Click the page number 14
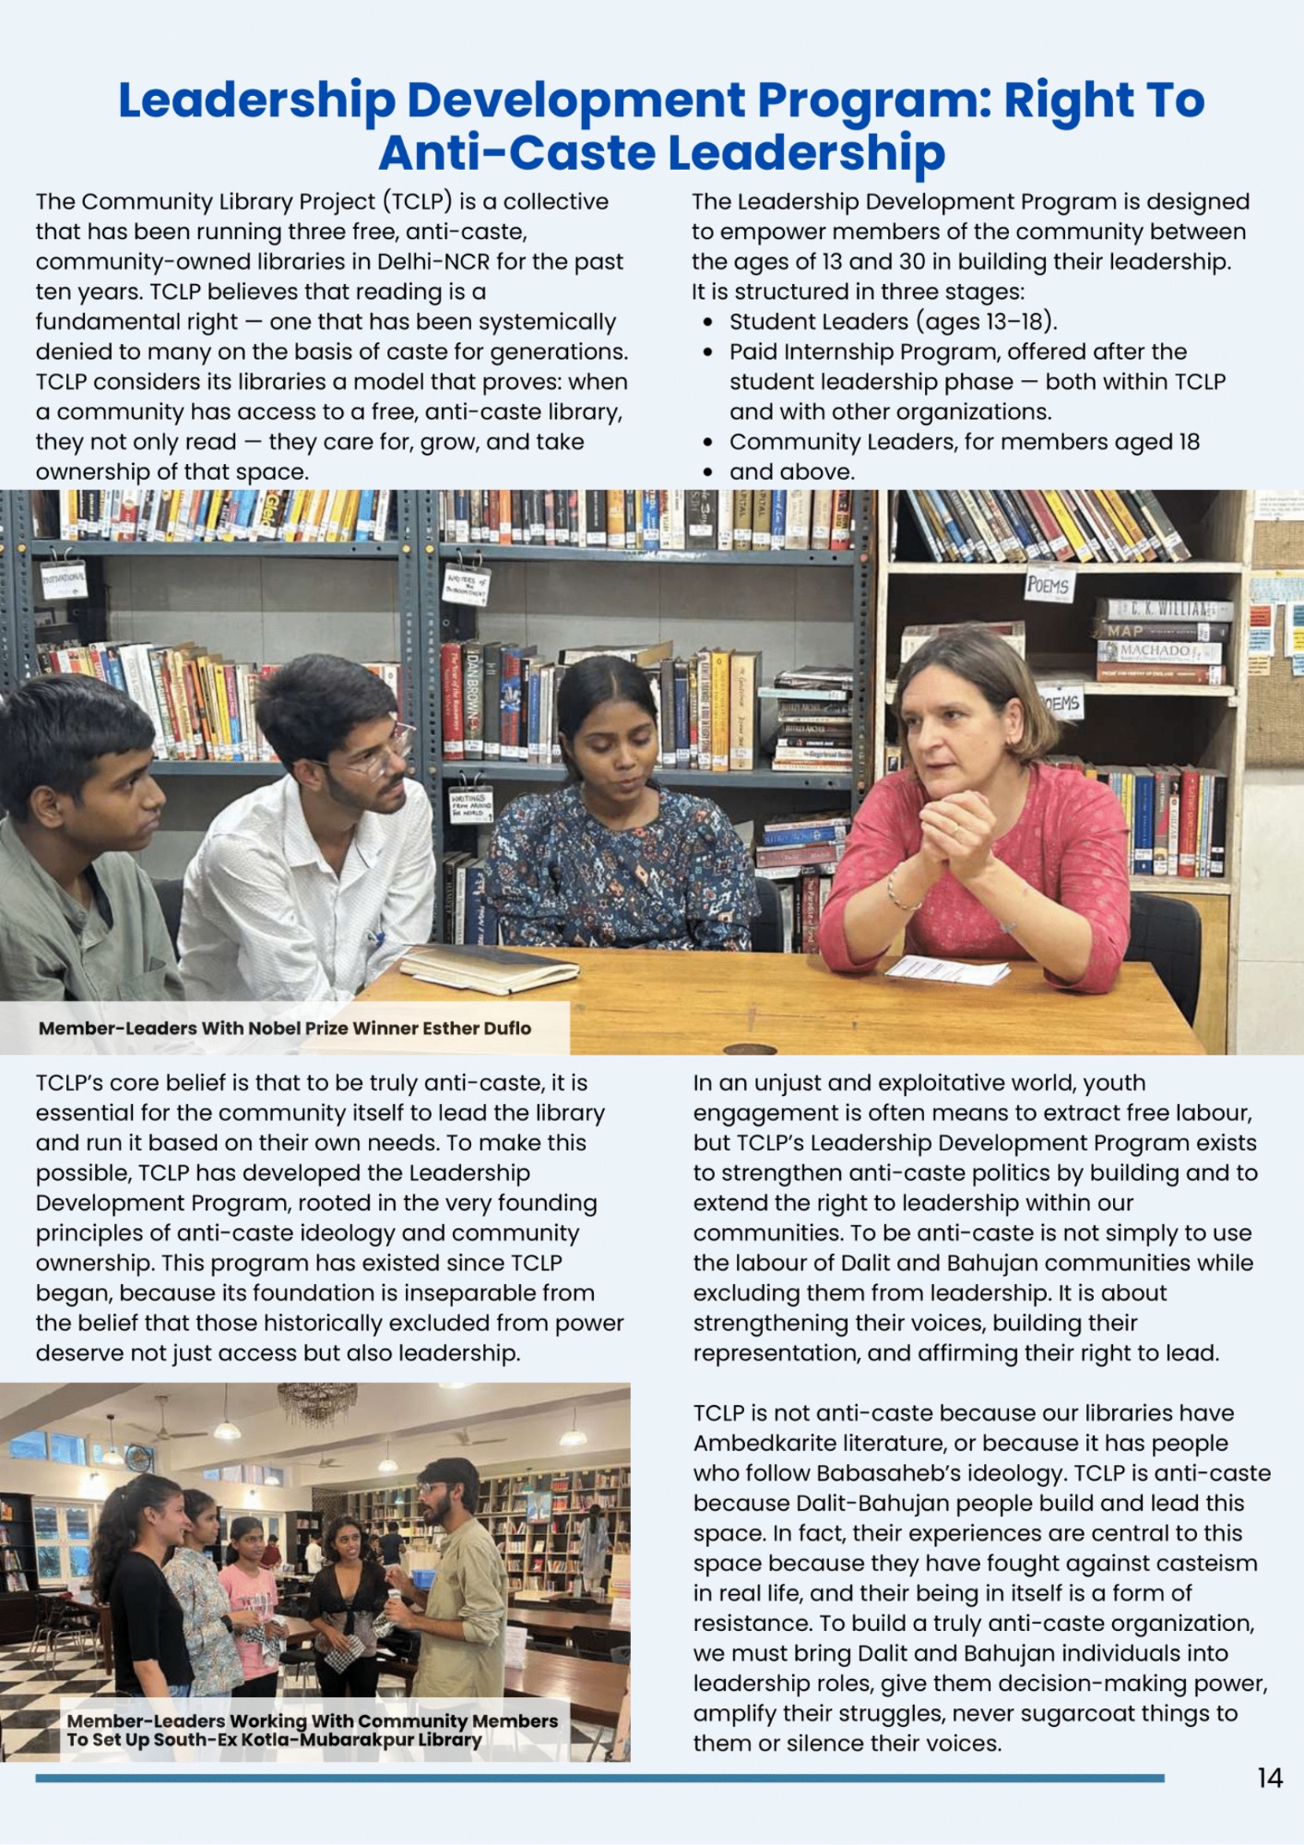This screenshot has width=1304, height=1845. pyautogui.click(x=1269, y=1778)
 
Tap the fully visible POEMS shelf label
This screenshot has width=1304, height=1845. pyautogui.click(x=1048, y=585)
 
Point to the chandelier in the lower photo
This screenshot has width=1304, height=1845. pyautogui.click(x=316, y=1403)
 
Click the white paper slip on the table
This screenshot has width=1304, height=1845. pyautogui.click(x=946, y=970)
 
